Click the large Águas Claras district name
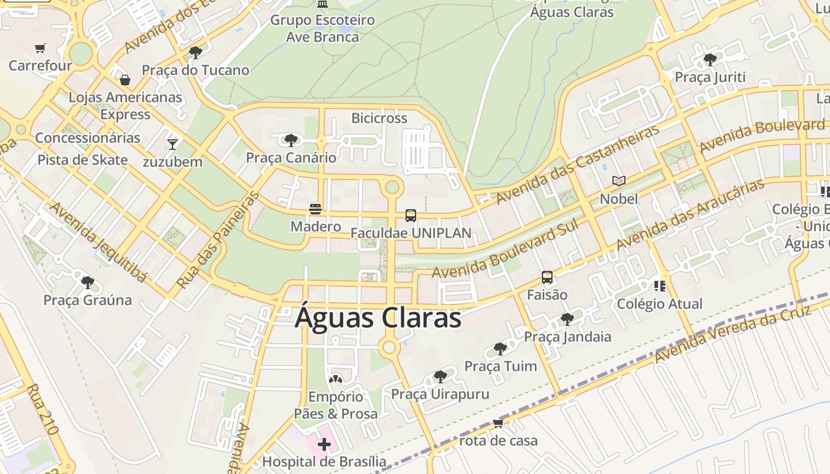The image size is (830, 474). [378, 318]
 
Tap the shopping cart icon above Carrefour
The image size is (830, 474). [40, 48]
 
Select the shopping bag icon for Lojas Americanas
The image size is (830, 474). [125, 79]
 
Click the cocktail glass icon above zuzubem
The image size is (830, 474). [173, 144]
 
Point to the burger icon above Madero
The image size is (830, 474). [315, 209]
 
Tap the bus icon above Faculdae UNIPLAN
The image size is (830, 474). [410, 216]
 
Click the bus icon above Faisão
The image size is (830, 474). [547, 277]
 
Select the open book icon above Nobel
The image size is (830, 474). [618, 181]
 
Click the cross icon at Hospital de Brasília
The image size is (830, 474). [324, 444]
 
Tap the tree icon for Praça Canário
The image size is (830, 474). [290, 140]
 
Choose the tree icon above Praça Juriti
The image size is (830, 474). [710, 60]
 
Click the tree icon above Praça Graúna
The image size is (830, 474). [88, 283]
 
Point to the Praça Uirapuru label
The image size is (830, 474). [440, 394]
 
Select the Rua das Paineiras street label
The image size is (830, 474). [219, 240]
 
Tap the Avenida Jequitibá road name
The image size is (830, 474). [98, 242]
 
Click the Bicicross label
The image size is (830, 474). [379, 118]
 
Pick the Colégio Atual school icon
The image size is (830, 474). [659, 287]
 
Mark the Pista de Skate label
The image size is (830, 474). [82, 160]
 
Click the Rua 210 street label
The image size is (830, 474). [43, 409]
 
